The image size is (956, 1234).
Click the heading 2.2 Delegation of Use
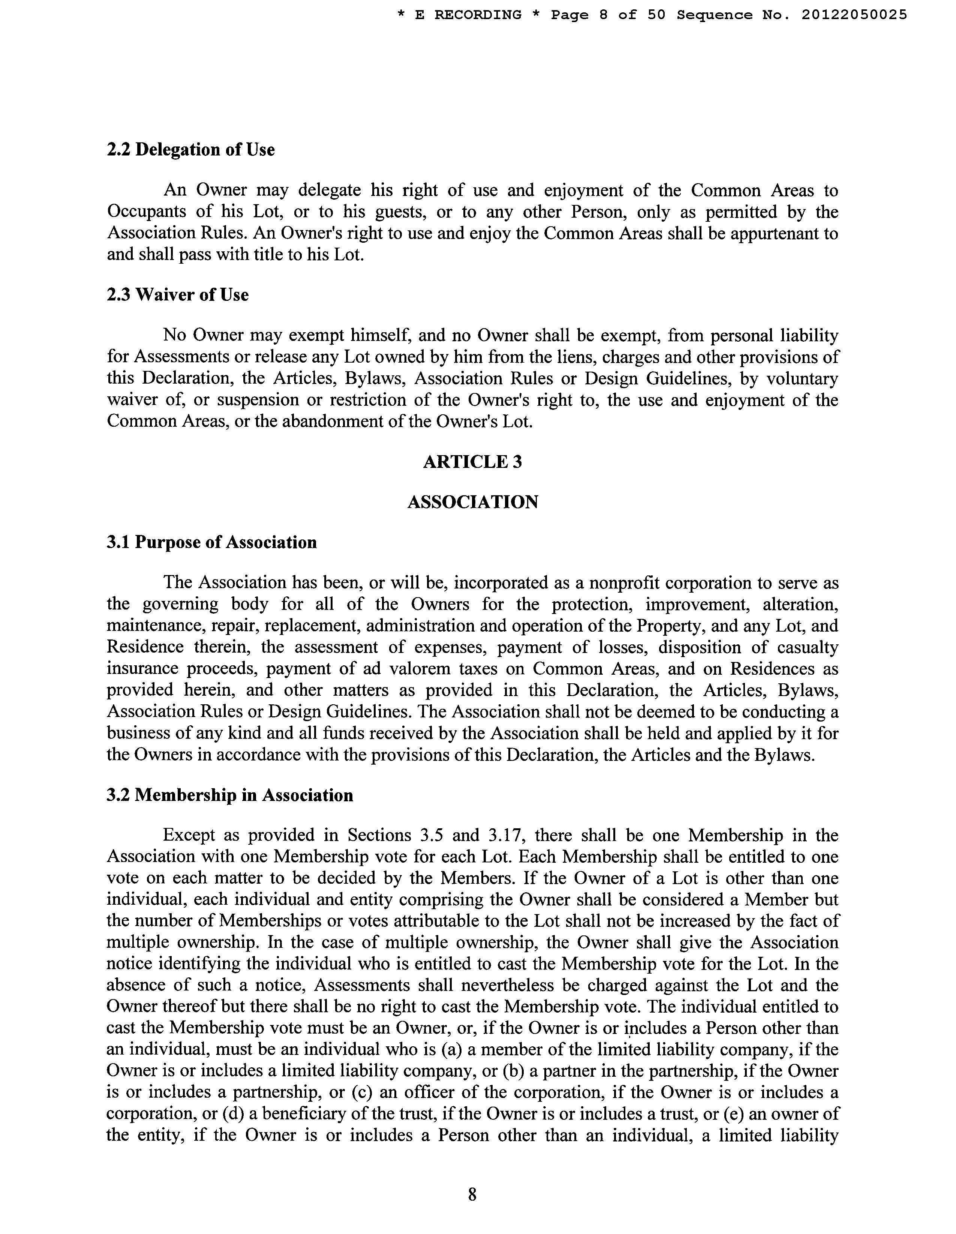point(190,150)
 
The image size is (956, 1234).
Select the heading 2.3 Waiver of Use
point(178,295)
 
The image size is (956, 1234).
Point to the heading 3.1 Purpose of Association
point(211,542)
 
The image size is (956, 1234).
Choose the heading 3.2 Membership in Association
point(229,796)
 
